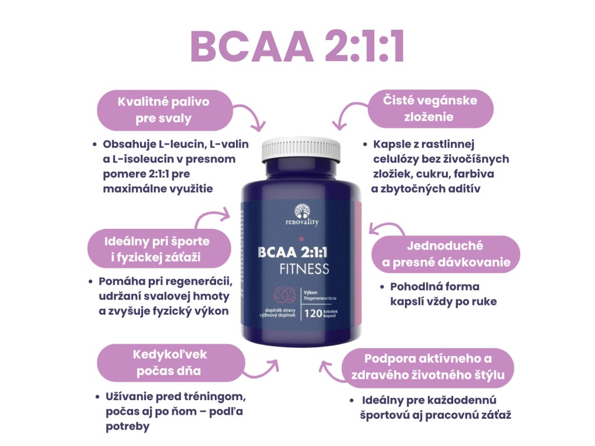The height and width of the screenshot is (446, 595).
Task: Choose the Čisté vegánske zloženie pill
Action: click(430, 109)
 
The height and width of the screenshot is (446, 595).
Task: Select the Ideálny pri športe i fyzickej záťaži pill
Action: click(152, 248)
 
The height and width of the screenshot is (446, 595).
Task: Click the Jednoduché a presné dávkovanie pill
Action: click(446, 254)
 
